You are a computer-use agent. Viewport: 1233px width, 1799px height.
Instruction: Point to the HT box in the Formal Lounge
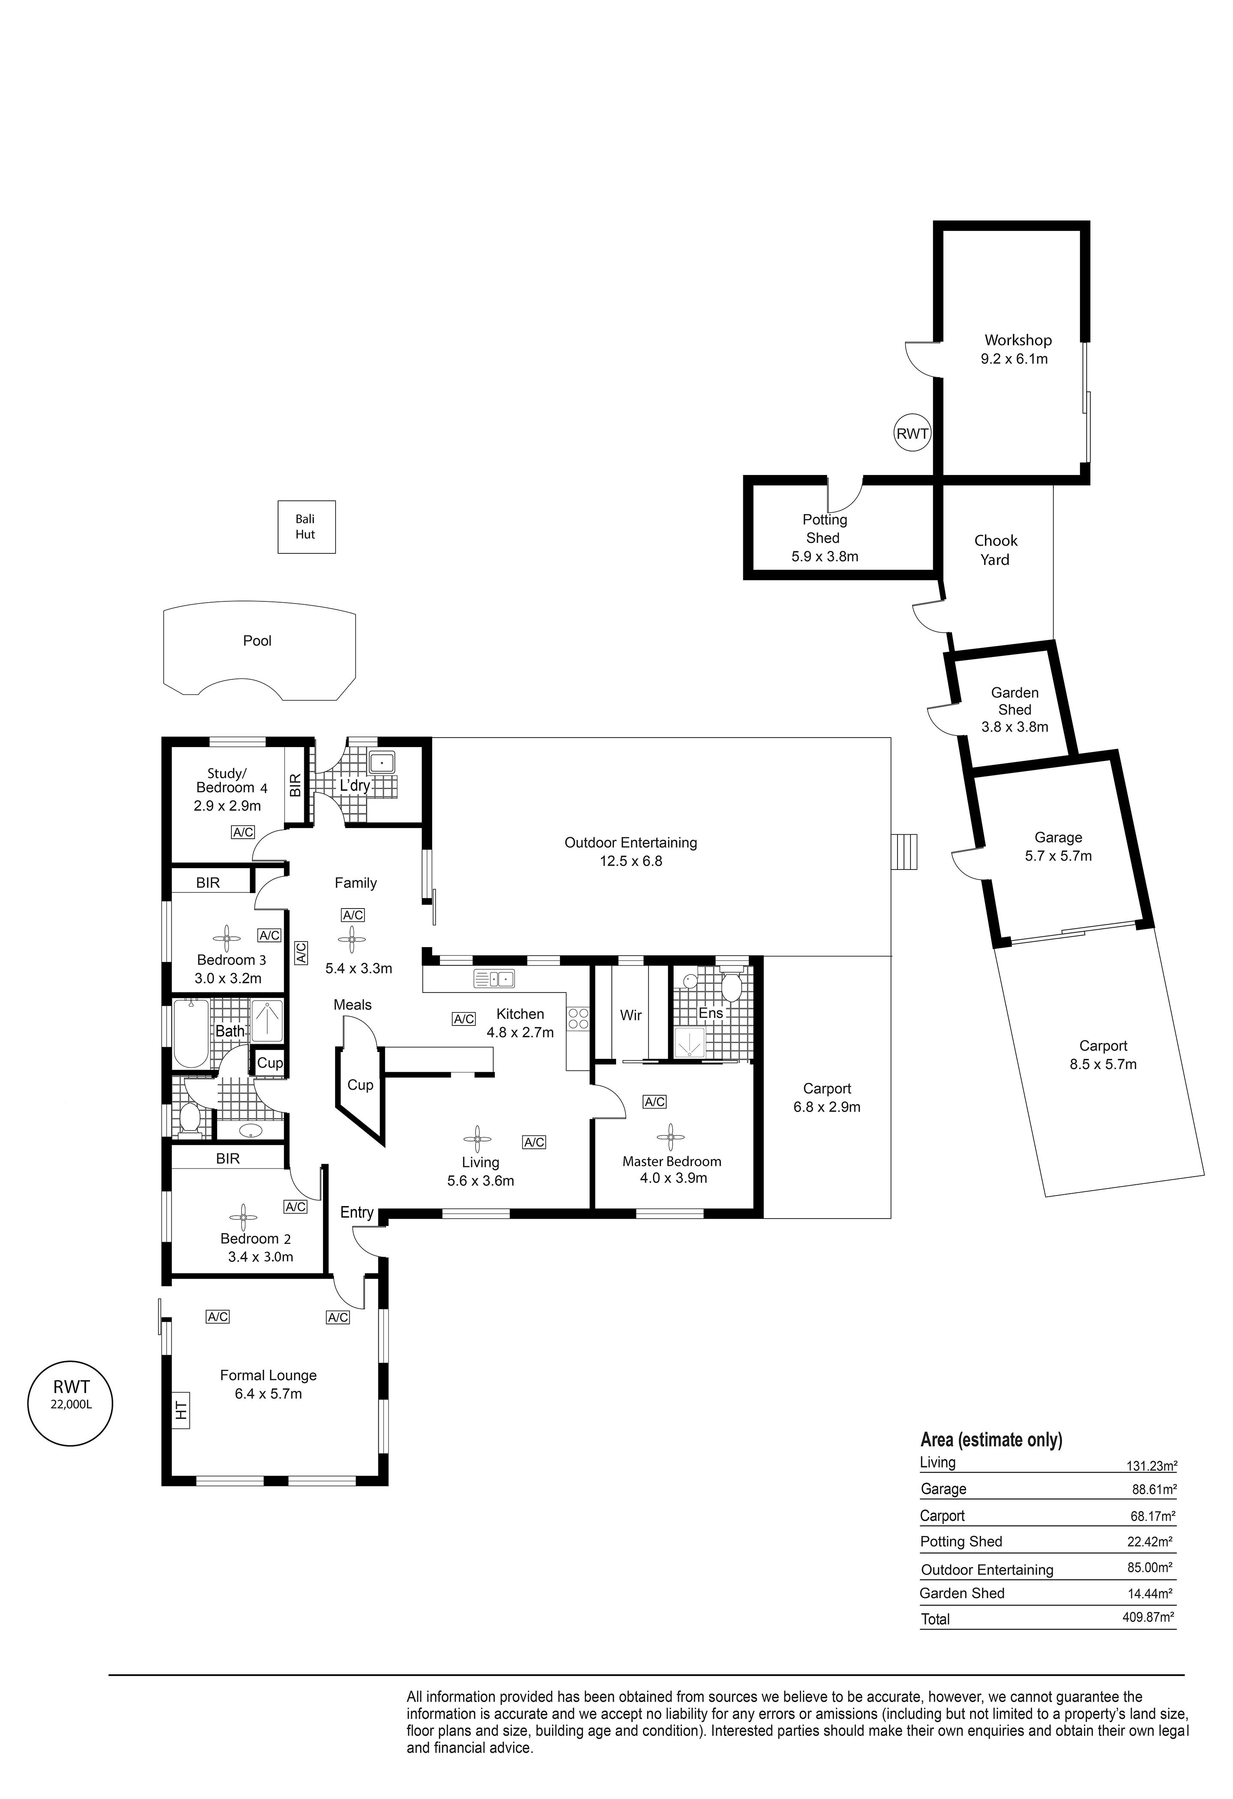pos(181,1411)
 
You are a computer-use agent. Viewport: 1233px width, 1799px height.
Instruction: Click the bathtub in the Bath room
pos(191,1034)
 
